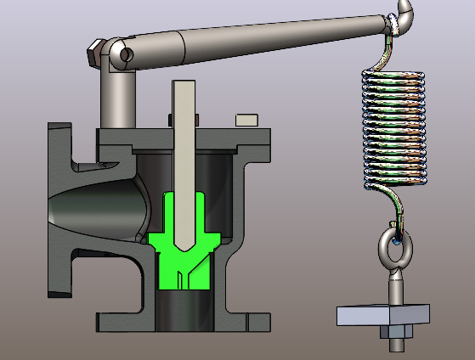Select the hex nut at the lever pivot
tap(96, 52)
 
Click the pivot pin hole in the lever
tap(126, 54)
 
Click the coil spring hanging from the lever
tap(393, 127)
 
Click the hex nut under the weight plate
tap(397, 329)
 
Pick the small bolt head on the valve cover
tap(247, 119)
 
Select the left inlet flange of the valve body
tap(59, 208)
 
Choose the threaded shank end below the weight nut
tap(397, 345)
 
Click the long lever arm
tap(255, 38)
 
